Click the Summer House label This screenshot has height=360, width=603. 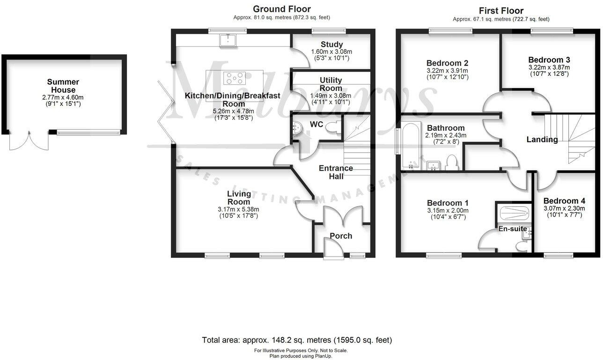point(63,86)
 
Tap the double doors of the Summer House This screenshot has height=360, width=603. point(29,141)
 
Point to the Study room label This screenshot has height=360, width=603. point(332,45)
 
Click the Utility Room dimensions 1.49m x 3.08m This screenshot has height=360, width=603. point(331,96)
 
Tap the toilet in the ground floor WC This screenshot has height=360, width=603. point(334,127)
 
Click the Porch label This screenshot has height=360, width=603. point(341,236)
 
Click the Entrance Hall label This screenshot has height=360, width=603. point(336,172)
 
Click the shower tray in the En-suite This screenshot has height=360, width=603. point(514,213)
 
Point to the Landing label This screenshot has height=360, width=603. point(542,140)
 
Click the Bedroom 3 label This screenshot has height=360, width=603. point(549,60)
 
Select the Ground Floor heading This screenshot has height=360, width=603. point(281,9)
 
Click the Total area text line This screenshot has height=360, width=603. point(297,340)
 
